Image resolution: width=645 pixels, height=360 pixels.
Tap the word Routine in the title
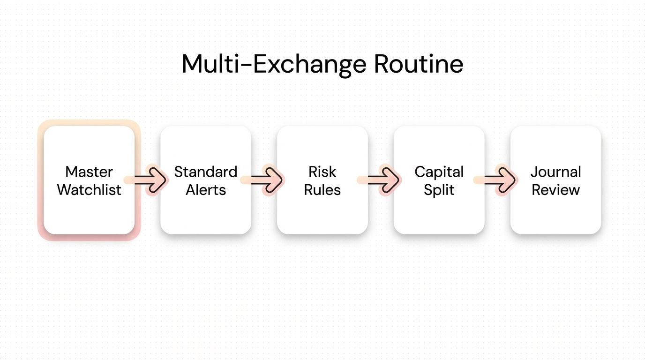click(419, 64)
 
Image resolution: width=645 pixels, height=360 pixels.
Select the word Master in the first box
click(89, 172)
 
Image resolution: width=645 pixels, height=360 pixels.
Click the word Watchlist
click(89, 190)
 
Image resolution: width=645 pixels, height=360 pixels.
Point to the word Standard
click(206, 172)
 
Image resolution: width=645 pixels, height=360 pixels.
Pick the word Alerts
click(206, 190)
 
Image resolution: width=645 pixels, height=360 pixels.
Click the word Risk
click(322, 172)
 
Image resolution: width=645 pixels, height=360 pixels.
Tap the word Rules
click(322, 190)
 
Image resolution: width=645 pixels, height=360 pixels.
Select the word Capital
click(439, 172)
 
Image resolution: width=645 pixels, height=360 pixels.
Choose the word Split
click(439, 190)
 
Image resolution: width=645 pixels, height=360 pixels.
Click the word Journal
click(556, 172)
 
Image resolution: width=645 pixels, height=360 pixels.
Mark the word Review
click(556, 190)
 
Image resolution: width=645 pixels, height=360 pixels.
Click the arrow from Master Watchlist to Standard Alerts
click(150, 180)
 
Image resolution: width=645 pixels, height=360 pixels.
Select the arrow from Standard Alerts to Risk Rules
click(266, 180)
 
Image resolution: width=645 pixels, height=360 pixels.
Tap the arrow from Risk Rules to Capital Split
click(383, 180)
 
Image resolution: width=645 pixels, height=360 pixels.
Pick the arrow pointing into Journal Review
click(500, 180)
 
